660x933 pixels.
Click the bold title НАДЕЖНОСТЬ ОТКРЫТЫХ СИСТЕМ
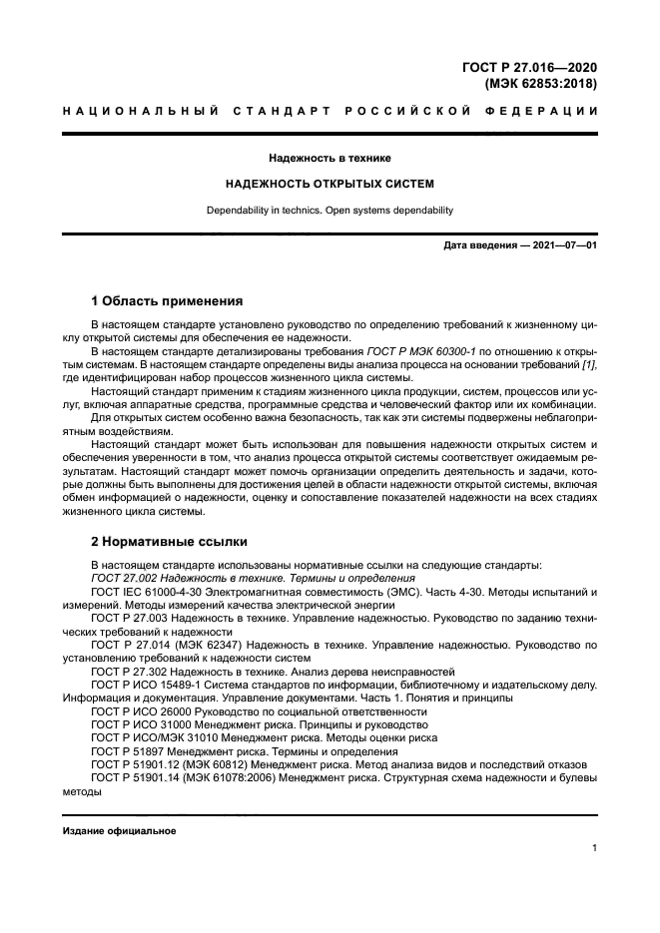click(330, 185)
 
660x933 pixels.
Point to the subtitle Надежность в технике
click(330, 158)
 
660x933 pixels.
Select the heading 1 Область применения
click(167, 300)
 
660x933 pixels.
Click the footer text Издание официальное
click(119, 831)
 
